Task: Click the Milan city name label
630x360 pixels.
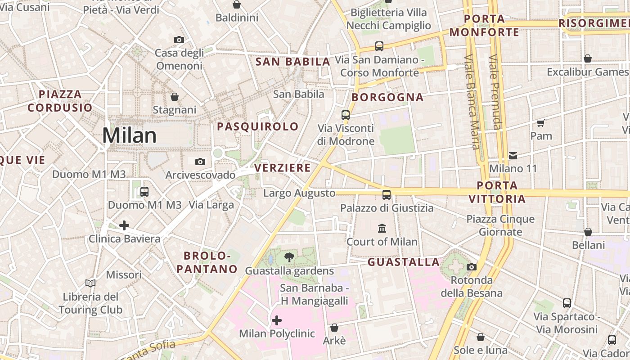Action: (x=130, y=135)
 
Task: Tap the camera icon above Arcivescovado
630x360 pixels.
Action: (x=200, y=162)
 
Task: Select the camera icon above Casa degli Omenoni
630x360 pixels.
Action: (x=179, y=40)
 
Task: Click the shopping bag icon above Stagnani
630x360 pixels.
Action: (x=175, y=97)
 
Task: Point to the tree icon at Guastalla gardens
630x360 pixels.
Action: (x=289, y=257)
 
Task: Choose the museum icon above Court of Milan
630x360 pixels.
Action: (x=382, y=228)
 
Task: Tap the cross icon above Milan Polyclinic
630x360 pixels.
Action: (x=277, y=320)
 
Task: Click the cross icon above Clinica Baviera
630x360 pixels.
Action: (x=124, y=225)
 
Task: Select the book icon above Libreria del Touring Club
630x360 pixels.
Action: (x=90, y=283)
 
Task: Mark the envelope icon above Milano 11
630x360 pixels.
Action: (x=513, y=156)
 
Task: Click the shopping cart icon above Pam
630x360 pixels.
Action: (x=541, y=123)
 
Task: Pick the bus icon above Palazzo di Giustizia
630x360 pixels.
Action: (x=387, y=195)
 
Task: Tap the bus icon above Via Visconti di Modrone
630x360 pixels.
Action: (x=346, y=115)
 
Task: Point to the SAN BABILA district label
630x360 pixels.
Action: (x=293, y=62)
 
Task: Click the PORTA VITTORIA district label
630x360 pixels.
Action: (x=497, y=192)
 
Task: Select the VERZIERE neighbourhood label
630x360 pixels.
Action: (x=283, y=168)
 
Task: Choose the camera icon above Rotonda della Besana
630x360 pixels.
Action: (x=471, y=267)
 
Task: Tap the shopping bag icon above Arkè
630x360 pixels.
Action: (x=334, y=327)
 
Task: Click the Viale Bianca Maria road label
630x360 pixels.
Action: (x=472, y=101)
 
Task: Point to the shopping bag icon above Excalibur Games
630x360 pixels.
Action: (x=587, y=58)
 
